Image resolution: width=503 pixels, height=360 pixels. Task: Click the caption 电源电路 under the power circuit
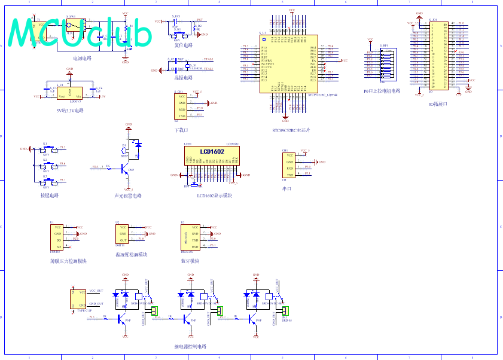tap(82, 59)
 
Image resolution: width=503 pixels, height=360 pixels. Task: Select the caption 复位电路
tap(183, 45)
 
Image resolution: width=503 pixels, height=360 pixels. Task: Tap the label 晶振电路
tap(183, 78)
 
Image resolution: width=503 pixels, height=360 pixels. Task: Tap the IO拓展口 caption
tap(438, 104)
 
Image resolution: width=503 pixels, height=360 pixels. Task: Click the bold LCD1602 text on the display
tap(212, 152)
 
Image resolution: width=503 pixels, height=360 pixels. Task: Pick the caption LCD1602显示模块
tap(214, 195)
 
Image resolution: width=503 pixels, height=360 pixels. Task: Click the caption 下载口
tap(181, 130)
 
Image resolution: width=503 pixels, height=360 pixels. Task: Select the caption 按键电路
tap(49, 196)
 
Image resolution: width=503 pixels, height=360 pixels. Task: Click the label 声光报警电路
tap(128, 196)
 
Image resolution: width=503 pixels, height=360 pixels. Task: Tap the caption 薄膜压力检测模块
tap(68, 261)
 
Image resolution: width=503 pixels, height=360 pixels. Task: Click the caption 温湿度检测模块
tap(132, 255)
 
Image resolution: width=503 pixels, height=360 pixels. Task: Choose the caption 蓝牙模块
tap(191, 261)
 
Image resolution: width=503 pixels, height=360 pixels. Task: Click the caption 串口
tap(286, 189)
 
